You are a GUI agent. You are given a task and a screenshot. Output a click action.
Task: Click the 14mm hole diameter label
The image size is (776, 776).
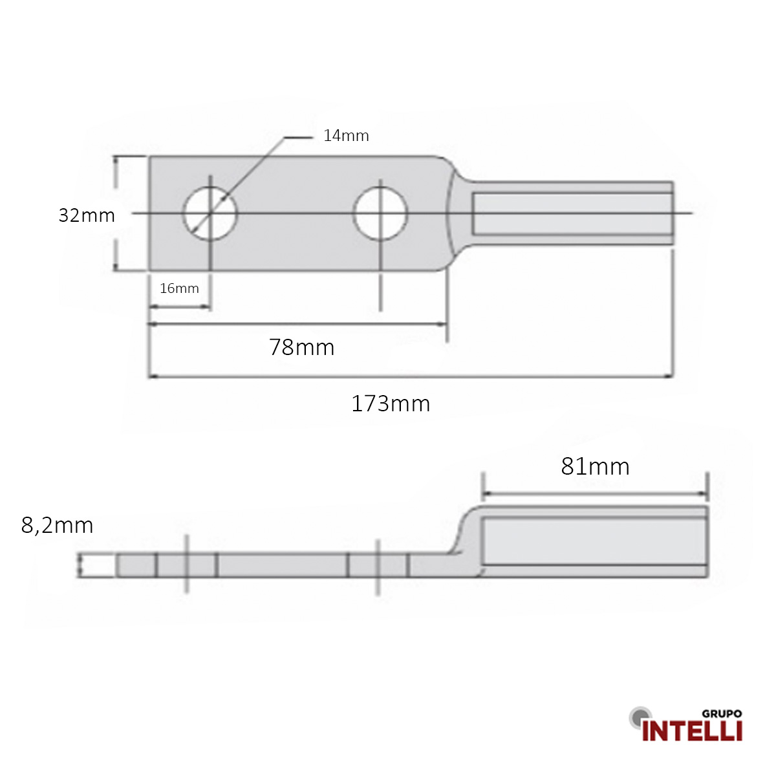(346, 136)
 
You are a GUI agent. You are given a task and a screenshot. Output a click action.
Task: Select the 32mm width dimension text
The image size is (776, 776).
(87, 215)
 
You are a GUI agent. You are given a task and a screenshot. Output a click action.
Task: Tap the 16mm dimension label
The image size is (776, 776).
(179, 288)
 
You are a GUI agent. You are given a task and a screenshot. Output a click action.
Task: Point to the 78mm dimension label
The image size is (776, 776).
(302, 347)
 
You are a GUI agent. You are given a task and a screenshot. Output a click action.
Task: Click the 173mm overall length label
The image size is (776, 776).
(391, 404)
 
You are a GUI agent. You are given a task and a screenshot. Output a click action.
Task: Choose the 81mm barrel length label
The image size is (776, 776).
(595, 466)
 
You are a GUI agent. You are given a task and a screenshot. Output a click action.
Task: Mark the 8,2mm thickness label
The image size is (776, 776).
(57, 525)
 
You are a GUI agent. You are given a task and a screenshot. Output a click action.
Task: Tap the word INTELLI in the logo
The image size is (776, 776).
(692, 731)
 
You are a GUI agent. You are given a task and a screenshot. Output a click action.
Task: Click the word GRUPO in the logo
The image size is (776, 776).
(722, 714)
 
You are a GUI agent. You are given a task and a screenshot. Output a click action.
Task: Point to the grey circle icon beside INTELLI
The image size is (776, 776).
(639, 716)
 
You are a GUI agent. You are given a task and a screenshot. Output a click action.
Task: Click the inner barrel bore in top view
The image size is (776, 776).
(572, 213)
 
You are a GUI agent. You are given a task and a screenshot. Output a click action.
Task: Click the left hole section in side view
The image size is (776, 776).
(186, 565)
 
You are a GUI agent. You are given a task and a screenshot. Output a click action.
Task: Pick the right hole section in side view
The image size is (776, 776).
(378, 565)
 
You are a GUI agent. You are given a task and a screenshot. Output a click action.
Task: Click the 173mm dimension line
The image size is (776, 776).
(411, 376)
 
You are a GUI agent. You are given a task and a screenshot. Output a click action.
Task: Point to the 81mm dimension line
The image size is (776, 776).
(595, 494)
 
